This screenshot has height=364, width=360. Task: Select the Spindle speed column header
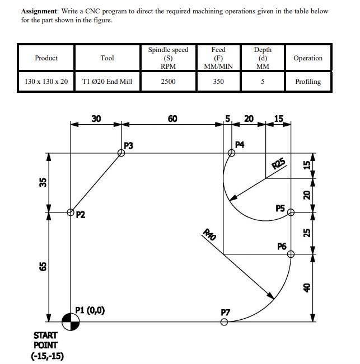[x=168, y=58]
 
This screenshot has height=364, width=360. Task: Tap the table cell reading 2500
[x=168, y=82]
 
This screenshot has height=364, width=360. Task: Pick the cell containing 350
[x=218, y=82]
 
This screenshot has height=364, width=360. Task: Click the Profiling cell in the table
[x=308, y=82]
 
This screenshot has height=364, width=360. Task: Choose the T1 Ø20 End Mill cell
[x=107, y=82]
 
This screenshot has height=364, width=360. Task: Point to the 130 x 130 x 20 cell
[x=46, y=82]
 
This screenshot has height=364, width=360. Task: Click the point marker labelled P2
[x=71, y=212]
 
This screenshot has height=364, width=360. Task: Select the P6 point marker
[x=290, y=254]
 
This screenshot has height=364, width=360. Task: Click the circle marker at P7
[x=224, y=322]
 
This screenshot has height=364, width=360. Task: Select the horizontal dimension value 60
[x=172, y=119]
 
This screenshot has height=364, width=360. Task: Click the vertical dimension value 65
[x=42, y=267]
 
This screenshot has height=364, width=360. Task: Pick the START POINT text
[x=45, y=340]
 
